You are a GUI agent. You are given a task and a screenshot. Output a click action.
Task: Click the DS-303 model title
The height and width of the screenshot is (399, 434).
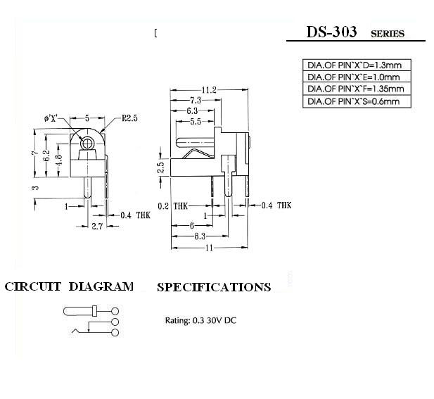(331, 32)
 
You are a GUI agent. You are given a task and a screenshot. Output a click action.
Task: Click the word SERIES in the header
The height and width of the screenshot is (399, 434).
(388, 34)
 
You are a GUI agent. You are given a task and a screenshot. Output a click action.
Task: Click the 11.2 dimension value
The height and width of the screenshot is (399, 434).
(208, 90)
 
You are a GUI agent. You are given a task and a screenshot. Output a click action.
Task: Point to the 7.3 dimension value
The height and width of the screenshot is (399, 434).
(194, 101)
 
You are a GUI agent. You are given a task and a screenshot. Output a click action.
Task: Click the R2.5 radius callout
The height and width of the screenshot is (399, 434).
(129, 118)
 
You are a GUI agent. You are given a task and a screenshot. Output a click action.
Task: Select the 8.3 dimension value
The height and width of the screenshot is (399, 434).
(200, 236)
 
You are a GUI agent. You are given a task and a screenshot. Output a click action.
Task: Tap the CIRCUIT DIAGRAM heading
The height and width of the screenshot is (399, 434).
(69, 286)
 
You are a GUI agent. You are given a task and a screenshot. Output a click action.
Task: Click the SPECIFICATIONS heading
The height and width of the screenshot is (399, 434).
(214, 287)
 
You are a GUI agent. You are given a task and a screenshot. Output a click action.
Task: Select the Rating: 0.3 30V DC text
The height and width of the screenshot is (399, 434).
(200, 320)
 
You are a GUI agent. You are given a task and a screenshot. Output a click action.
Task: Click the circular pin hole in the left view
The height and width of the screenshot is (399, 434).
(87, 144)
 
